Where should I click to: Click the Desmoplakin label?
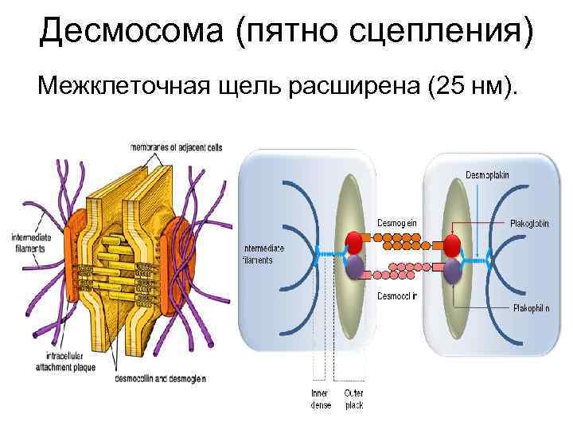[487, 174]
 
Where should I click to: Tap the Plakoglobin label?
[529, 224]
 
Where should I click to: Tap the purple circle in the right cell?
[454, 272]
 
